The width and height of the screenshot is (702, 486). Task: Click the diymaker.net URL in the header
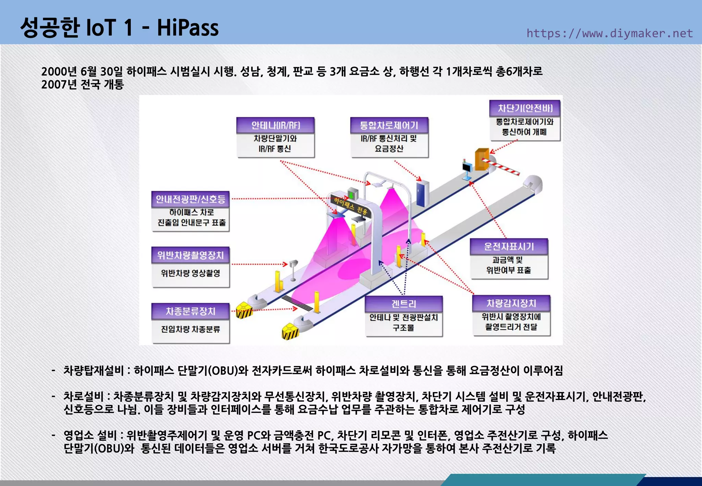click(609, 33)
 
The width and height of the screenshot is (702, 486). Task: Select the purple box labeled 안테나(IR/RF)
click(276, 125)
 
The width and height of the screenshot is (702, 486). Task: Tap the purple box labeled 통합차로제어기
click(389, 125)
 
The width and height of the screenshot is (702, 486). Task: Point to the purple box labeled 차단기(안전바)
click(525, 108)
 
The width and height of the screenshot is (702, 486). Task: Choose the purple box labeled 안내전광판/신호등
click(190, 199)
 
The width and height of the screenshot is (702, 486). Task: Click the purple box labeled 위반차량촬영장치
click(190, 255)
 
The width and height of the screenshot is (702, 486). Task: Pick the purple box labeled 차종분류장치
click(190, 311)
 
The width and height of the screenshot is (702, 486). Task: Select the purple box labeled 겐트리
click(404, 304)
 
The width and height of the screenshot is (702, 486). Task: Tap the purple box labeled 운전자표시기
click(509, 246)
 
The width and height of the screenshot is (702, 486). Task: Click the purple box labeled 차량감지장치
click(511, 303)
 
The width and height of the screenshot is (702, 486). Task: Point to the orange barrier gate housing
click(481, 159)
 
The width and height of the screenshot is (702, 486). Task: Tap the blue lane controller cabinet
click(422, 194)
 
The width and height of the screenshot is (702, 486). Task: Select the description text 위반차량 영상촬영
click(190, 273)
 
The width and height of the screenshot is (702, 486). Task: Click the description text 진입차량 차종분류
click(190, 329)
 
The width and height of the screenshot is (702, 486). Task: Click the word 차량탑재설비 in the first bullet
click(93, 370)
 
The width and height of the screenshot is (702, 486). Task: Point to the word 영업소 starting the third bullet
click(78, 435)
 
